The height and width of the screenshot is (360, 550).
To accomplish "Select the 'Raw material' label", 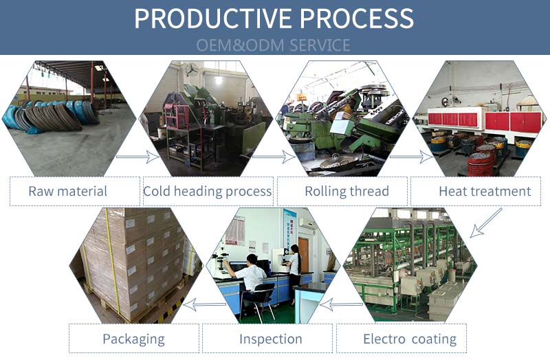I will click(67, 191).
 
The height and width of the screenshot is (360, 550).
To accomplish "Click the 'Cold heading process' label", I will click(207, 191).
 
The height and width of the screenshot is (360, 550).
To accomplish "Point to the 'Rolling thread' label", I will click(346, 191).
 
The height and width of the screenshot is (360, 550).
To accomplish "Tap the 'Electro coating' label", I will click(409, 339).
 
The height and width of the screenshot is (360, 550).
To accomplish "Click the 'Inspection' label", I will click(270, 339).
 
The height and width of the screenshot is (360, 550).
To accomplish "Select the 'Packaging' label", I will click(133, 339).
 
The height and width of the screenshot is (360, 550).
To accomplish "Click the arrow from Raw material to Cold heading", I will click(137, 157).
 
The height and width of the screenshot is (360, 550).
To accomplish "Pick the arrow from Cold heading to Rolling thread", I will click(274, 157).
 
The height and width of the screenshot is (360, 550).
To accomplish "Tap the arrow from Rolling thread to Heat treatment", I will click(411, 157).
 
